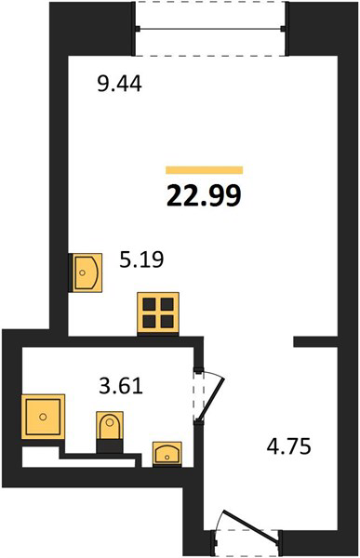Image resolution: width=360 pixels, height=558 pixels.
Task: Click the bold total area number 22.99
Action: click(x=204, y=195)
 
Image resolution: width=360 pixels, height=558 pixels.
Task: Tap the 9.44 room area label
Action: click(x=120, y=85)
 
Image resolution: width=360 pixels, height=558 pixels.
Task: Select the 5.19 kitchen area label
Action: click(x=141, y=259)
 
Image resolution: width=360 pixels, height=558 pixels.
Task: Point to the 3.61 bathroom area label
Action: click(x=121, y=386)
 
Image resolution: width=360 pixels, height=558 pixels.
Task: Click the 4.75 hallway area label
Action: click(x=289, y=446)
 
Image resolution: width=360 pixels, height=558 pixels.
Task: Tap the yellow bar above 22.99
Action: click(x=205, y=170)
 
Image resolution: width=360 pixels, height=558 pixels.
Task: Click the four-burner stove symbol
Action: click(x=158, y=312)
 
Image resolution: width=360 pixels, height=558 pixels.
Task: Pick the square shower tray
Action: click(x=43, y=417)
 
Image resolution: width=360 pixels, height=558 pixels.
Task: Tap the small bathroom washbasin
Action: click(x=167, y=454)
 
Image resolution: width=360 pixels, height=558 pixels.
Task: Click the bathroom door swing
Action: click(x=211, y=396)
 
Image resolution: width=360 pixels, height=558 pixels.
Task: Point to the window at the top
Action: click(x=211, y=29)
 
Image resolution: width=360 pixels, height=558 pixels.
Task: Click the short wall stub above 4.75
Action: click(x=315, y=341)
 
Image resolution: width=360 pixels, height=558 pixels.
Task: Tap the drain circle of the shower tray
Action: click(x=43, y=417)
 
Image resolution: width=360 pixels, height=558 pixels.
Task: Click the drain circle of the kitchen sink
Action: click(x=83, y=272)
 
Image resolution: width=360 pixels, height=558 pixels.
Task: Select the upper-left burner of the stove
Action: click(x=149, y=304)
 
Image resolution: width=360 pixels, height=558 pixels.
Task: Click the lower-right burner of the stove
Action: click(x=167, y=322)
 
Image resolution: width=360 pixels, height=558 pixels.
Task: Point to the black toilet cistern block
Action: click(x=110, y=446)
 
